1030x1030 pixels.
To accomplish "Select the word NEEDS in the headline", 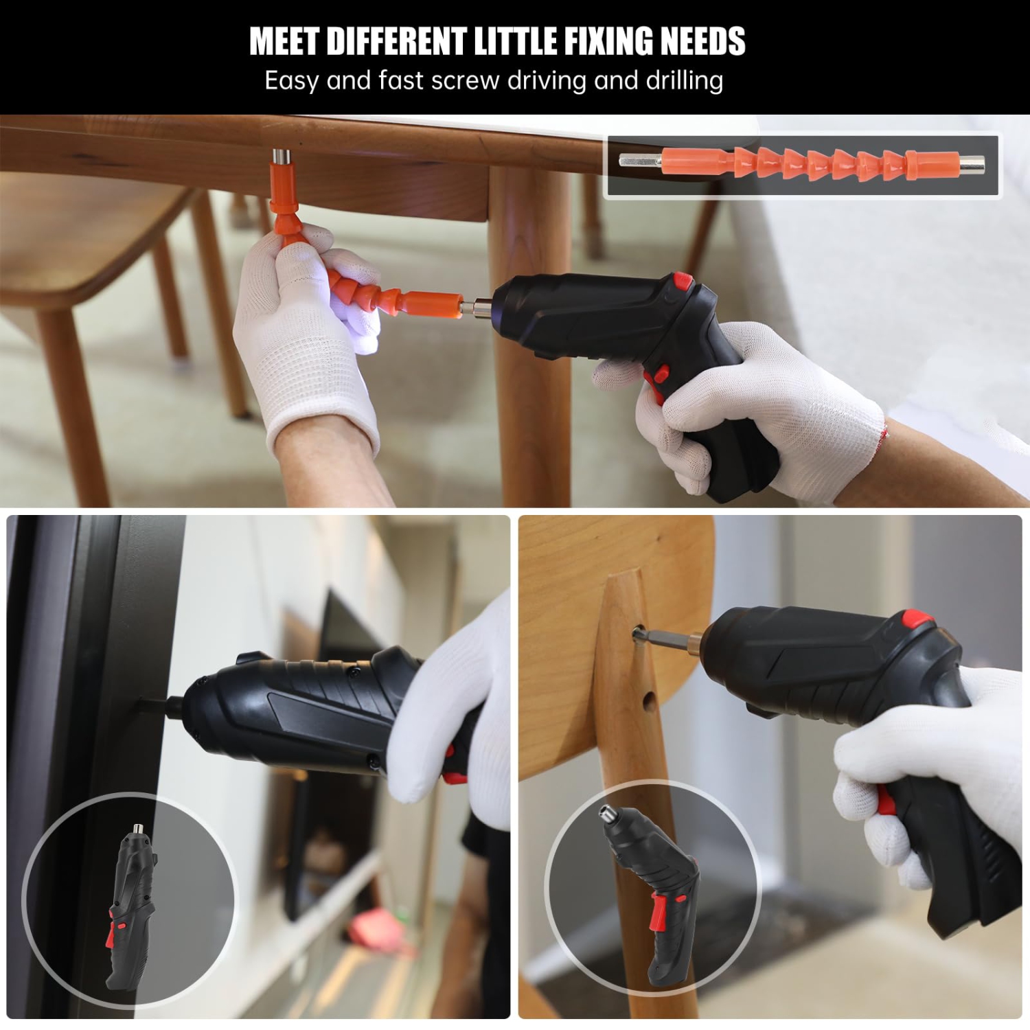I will [703, 41].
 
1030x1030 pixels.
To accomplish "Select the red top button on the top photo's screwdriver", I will [683, 280].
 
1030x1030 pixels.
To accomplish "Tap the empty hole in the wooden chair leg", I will [648, 700].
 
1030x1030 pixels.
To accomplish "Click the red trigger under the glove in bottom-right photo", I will [886, 801].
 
